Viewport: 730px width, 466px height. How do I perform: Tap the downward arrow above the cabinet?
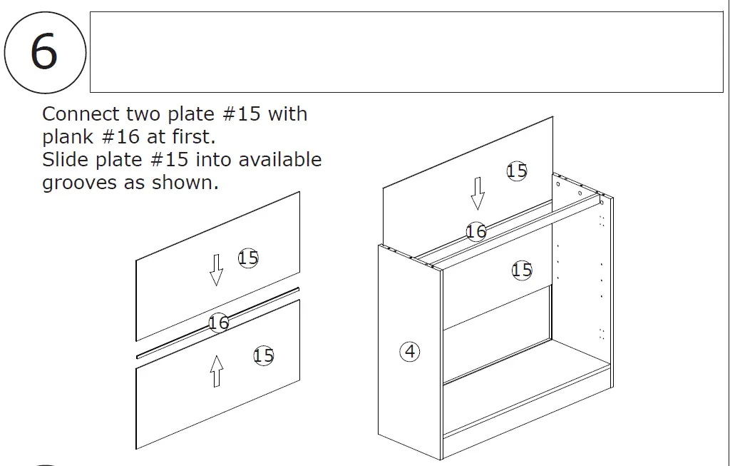(x=478, y=193)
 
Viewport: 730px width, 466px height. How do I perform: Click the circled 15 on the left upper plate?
(x=248, y=258)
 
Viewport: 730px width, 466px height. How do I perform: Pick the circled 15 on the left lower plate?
(x=264, y=355)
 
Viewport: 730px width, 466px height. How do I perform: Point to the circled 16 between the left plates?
(x=219, y=323)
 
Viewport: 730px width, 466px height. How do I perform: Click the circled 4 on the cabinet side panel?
(x=410, y=351)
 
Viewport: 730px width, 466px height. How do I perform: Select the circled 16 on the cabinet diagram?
(x=476, y=231)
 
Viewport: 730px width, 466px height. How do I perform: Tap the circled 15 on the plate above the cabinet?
(x=517, y=171)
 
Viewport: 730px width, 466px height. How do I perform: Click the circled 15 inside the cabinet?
(x=522, y=270)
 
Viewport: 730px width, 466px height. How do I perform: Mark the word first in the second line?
(x=192, y=137)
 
